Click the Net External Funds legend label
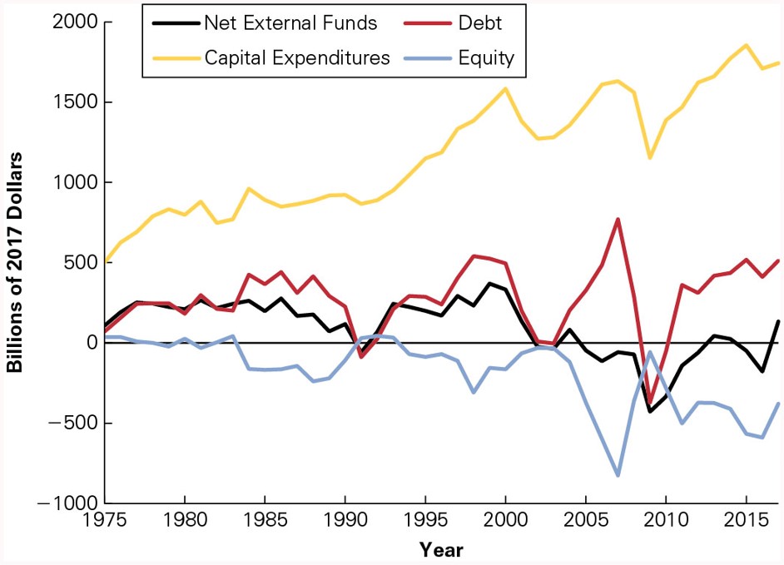pos(290,23)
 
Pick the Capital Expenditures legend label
pos(297,57)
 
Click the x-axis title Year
pos(441,549)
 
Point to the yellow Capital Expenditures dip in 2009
pos(650,157)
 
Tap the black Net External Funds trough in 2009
pos(650,411)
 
